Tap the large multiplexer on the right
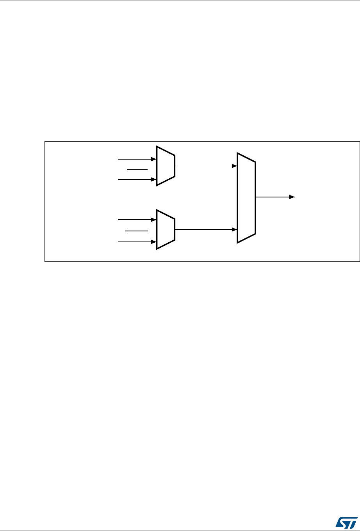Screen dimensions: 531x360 point(246,198)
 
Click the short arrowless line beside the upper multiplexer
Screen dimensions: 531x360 point(136,170)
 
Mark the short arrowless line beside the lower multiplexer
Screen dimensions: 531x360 point(136,231)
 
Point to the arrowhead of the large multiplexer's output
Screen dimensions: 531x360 point(292,197)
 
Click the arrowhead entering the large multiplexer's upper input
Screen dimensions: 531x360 point(235,166)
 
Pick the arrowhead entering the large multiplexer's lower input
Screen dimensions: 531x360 point(235,229)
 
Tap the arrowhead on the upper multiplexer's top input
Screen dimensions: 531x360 point(154,159)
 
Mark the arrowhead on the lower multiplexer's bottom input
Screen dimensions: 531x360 point(154,242)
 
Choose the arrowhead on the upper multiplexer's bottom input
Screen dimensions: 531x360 point(154,179)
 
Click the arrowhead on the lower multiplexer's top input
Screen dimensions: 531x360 point(154,220)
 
